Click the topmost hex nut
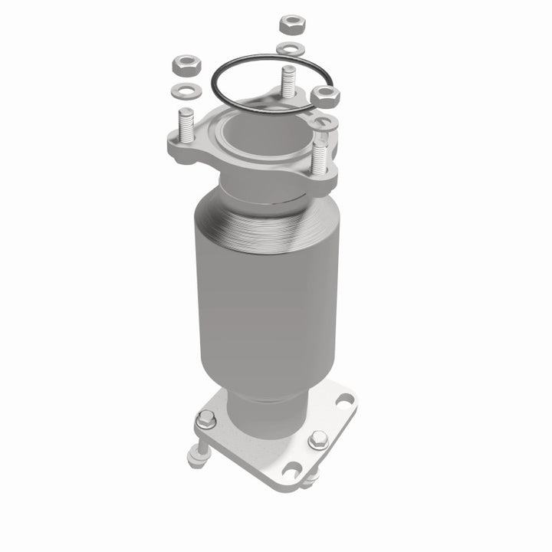click(292, 24)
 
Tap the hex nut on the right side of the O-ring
click(326, 96)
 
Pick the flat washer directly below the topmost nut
click(291, 49)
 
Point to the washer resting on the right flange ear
click(325, 123)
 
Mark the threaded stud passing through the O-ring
click(288, 80)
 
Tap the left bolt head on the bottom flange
click(206, 420)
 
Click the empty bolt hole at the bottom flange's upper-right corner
click(346, 399)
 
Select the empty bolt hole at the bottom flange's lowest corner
click(290, 468)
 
